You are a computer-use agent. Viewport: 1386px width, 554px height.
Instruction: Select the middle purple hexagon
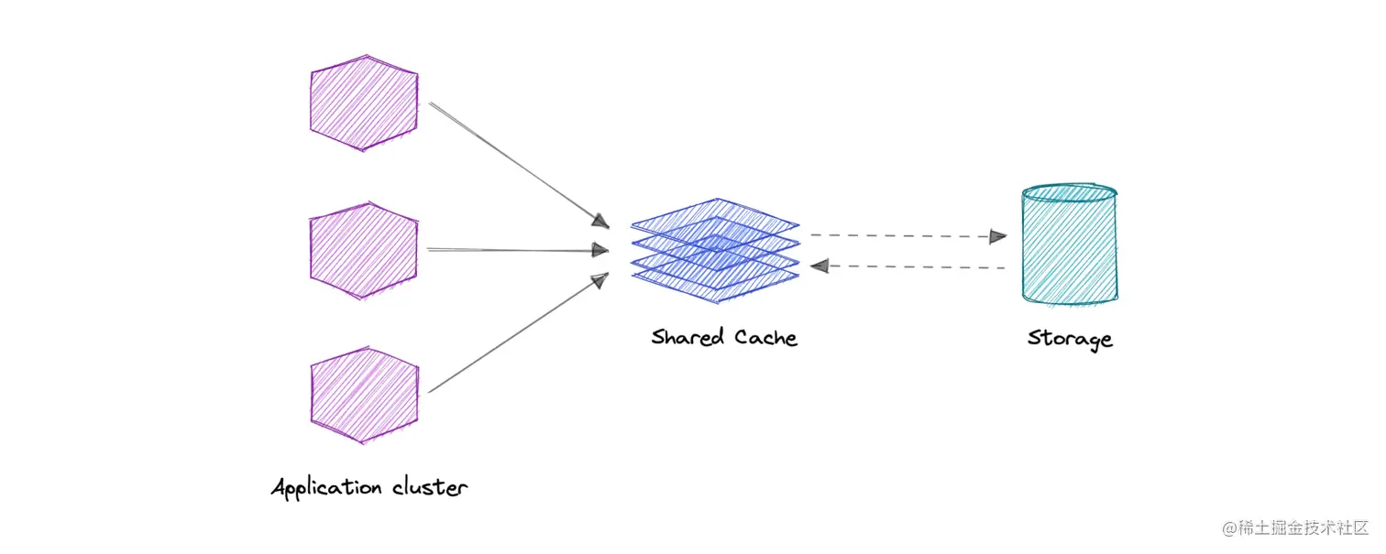click(364, 249)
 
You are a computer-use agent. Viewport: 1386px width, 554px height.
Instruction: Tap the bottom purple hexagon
click(364, 394)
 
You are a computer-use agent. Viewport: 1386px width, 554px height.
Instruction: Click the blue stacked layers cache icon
click(714, 244)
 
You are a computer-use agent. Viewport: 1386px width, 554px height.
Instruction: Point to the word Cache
click(765, 337)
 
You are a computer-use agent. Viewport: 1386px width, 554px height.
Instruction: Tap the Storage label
click(1069, 339)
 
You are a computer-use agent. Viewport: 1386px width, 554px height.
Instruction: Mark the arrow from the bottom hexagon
click(513, 335)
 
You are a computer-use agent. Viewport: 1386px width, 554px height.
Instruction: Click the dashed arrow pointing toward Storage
click(903, 235)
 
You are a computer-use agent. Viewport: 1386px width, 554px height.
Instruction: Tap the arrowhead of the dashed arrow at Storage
click(997, 237)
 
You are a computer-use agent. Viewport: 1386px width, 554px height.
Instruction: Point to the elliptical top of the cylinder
click(1070, 192)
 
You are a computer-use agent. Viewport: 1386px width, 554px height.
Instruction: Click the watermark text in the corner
click(1294, 528)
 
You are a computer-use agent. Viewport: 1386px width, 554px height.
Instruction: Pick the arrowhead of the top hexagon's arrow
click(599, 221)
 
